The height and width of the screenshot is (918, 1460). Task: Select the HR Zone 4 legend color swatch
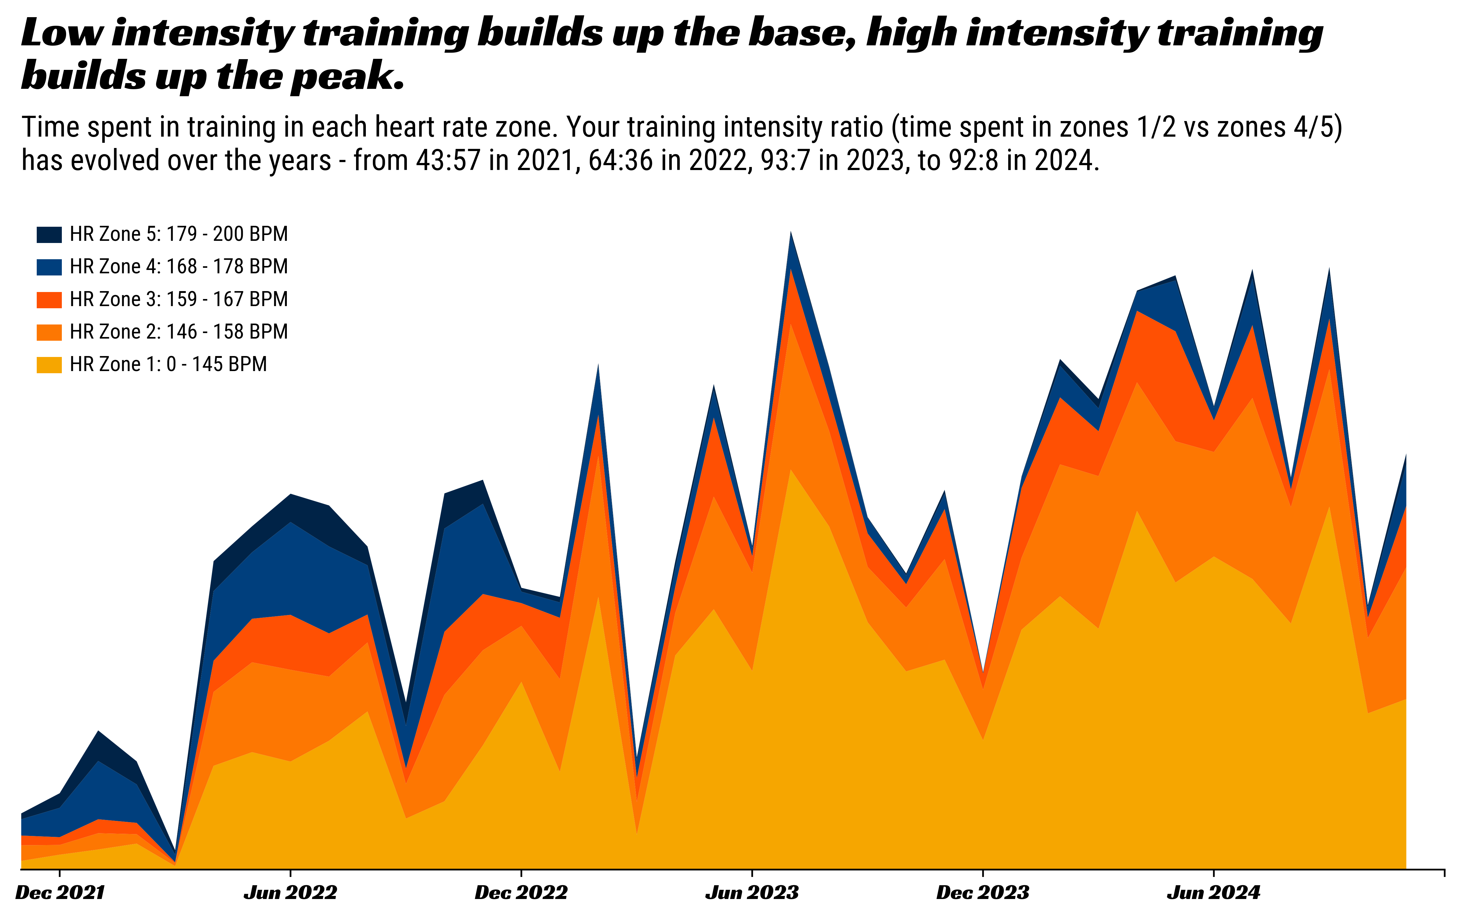pyautogui.click(x=49, y=267)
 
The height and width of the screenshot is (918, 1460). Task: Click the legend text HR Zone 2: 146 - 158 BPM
pyautogui.click(x=178, y=332)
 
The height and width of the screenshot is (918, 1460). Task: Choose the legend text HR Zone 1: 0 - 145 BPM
pyautogui.click(x=168, y=364)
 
